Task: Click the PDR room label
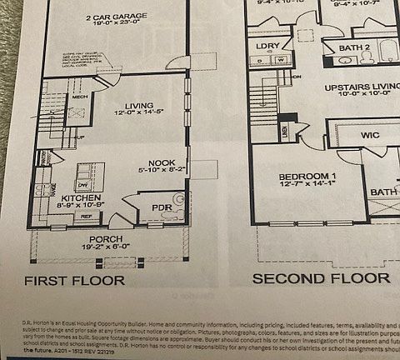click(x=161, y=207)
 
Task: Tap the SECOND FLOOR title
click(x=321, y=278)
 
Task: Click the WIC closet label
click(x=370, y=134)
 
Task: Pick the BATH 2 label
click(x=354, y=47)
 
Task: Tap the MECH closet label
click(x=80, y=97)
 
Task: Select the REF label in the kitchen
click(x=86, y=216)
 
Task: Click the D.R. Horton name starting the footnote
click(x=36, y=321)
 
